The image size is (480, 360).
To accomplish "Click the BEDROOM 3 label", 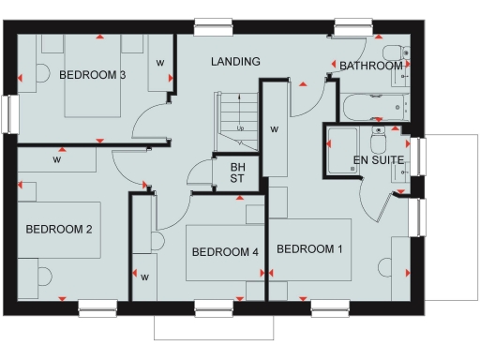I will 93,74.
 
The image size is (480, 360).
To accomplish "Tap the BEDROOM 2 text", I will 58,228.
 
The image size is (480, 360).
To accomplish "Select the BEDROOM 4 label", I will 225,252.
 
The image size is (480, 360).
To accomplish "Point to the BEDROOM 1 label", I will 309,248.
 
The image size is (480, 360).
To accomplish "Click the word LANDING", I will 235,62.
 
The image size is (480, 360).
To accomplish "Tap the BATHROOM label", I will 371,67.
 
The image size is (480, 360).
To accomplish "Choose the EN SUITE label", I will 378,160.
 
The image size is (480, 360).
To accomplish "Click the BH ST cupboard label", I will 237,174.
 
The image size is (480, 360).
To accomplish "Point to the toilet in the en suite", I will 379,142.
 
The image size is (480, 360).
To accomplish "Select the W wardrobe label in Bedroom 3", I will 160,63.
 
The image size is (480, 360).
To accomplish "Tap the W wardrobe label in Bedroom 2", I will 57,159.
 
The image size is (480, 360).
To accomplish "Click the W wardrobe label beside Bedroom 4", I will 145,277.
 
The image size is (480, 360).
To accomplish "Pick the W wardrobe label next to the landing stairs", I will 274,128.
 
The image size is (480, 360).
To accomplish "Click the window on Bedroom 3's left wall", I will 11,113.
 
